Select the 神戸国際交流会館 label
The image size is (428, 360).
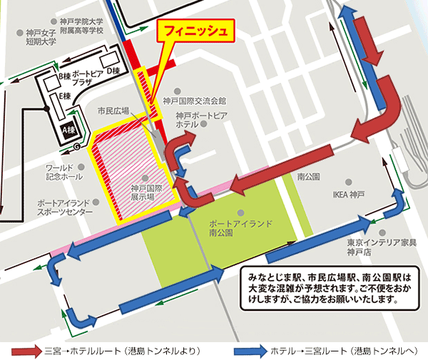(x=193, y=101)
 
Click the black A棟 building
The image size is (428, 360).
(x=69, y=130)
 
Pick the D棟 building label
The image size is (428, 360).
(x=112, y=71)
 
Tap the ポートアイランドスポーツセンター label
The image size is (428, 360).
(x=65, y=207)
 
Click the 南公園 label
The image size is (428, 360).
(x=307, y=175)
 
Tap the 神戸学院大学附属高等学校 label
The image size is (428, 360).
(x=81, y=27)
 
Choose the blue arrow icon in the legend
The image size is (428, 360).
(x=251, y=351)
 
